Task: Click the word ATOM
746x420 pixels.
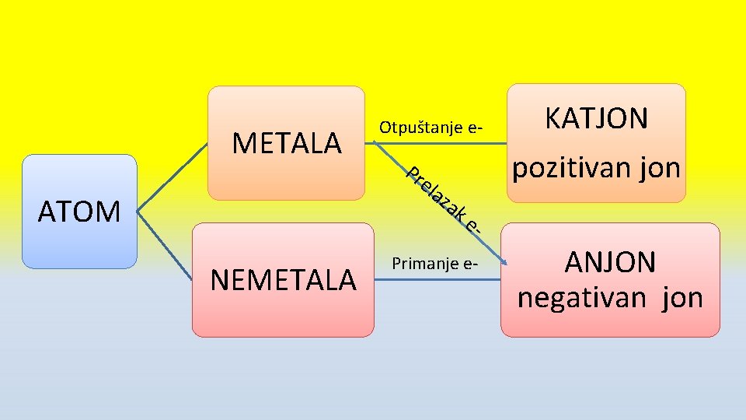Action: click(x=79, y=211)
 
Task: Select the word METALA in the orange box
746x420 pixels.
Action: click(x=287, y=143)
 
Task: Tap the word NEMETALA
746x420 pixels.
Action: click(x=283, y=280)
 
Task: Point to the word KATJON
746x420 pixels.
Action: click(x=596, y=119)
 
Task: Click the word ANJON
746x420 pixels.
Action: click(x=610, y=263)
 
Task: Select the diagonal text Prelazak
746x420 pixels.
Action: click(x=437, y=197)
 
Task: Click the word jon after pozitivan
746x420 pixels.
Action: click(x=659, y=168)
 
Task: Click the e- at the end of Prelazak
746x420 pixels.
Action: click(x=475, y=223)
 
